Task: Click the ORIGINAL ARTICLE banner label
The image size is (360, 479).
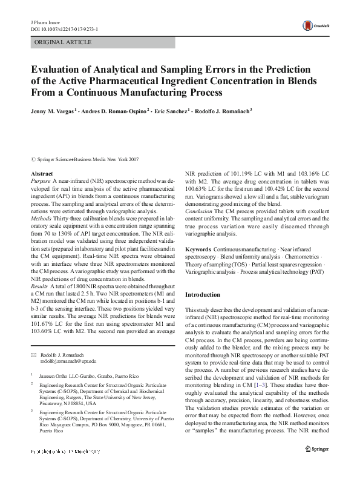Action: [x=64, y=42]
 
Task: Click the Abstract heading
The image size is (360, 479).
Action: [x=41, y=174]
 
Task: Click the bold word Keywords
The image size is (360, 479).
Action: [x=198, y=249]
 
